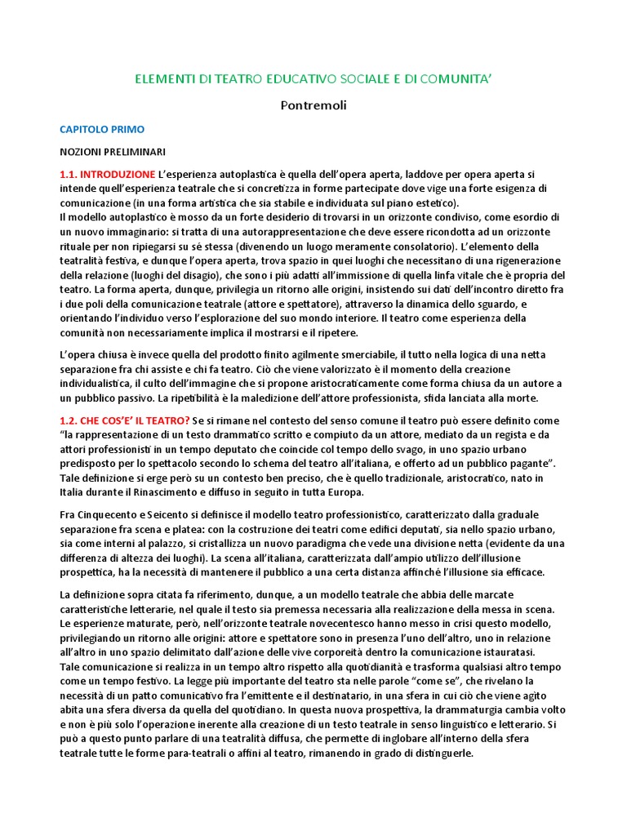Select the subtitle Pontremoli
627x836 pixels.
click(x=313, y=105)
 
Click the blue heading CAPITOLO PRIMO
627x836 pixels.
click(x=102, y=129)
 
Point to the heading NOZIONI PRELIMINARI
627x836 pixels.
click(x=112, y=152)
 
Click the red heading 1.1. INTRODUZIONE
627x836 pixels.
click(x=107, y=174)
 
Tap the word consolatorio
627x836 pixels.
click(x=393, y=246)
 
